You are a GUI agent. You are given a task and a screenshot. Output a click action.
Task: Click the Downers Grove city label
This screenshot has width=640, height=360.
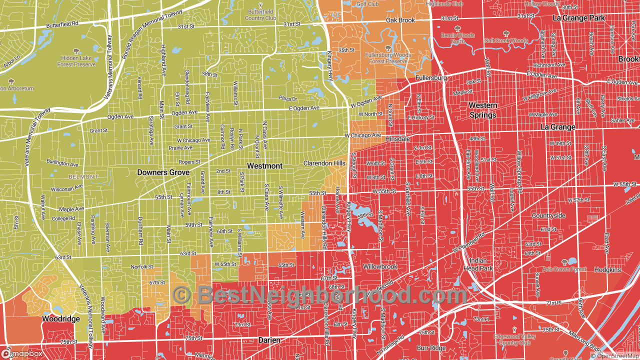pyautogui.click(x=163, y=172)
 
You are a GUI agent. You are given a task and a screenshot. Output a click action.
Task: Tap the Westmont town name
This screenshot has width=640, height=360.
pyautogui.click(x=264, y=166)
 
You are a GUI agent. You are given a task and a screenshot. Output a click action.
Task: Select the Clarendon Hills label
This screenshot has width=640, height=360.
pyautogui.click(x=324, y=163)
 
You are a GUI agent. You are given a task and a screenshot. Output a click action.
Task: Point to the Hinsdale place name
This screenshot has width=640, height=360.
pyautogui.click(x=397, y=138)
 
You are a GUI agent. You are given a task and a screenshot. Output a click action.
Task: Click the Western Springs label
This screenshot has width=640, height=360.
pyautogui.click(x=483, y=110)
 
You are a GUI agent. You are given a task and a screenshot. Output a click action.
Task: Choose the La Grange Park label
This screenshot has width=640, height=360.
pyautogui.click(x=578, y=18)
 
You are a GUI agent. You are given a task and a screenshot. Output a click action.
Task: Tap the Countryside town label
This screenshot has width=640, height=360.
pyautogui.click(x=548, y=216)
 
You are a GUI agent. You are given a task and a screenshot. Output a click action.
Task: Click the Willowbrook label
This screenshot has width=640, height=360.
pyautogui.click(x=380, y=266)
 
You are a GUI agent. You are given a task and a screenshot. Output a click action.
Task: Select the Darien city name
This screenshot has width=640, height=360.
pyautogui.click(x=269, y=340)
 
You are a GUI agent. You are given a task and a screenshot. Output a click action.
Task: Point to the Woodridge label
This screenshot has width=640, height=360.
pyautogui.click(x=60, y=319)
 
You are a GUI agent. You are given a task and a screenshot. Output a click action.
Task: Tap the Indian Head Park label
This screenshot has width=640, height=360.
pyautogui.click(x=479, y=264)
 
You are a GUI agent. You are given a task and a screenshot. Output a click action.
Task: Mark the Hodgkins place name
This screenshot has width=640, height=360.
pyautogui.click(x=607, y=270)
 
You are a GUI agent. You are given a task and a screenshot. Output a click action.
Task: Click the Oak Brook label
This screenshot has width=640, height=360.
pyautogui.click(x=400, y=20)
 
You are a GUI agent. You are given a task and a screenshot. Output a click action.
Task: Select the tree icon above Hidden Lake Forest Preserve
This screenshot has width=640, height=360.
pyautogui.click(x=76, y=51)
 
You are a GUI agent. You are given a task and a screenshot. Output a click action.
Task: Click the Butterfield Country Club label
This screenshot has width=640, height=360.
pyautogui.click(x=260, y=15)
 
